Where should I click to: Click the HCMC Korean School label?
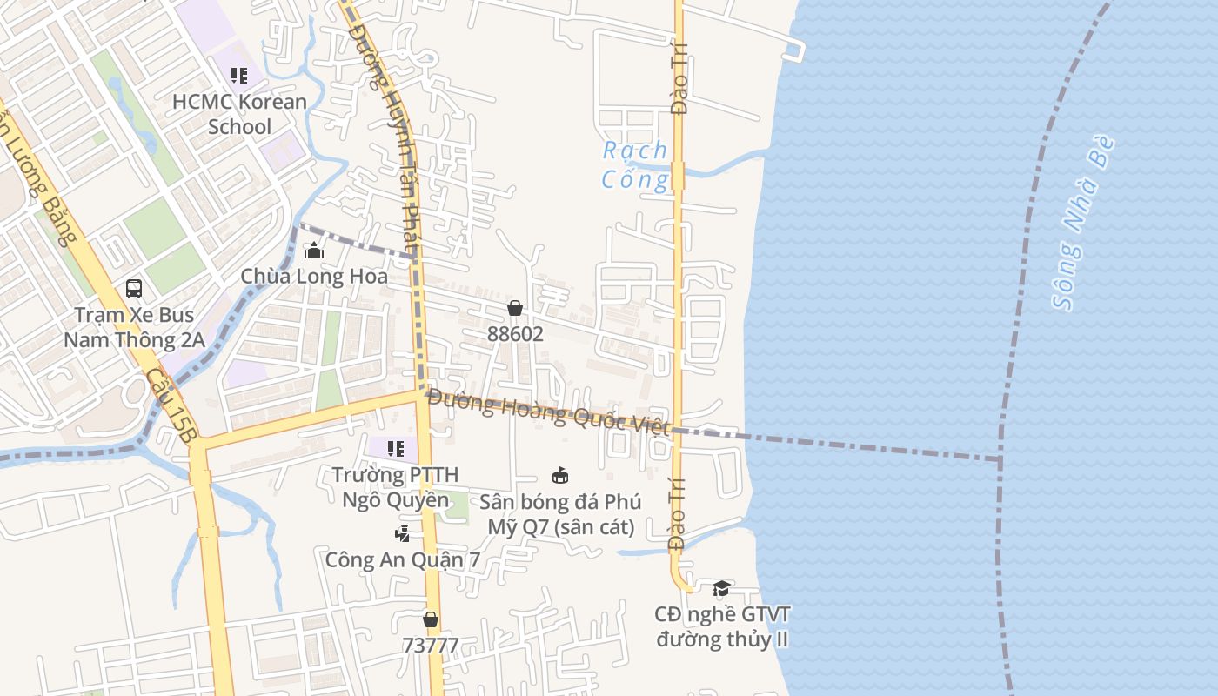[239, 114]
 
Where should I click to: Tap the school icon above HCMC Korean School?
[239, 76]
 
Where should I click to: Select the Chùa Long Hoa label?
[314, 277]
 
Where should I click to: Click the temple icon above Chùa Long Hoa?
[314, 251]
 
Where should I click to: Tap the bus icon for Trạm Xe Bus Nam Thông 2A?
[134, 288]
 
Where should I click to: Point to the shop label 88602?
[515, 334]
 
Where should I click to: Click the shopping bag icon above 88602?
[515, 308]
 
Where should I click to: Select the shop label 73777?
[430, 646]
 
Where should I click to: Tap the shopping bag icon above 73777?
[430, 619]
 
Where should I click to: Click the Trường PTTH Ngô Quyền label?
[395, 487]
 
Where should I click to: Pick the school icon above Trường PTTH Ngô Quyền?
[396, 449]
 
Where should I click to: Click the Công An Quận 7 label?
[402, 559]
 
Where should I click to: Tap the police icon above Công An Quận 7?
[402, 534]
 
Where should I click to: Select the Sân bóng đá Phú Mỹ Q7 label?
[560, 514]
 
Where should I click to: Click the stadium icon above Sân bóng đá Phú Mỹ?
[560, 476]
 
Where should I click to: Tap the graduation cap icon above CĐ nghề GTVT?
[721, 589]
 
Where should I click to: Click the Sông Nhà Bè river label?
[1083, 224]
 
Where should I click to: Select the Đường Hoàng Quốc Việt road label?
[549, 412]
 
